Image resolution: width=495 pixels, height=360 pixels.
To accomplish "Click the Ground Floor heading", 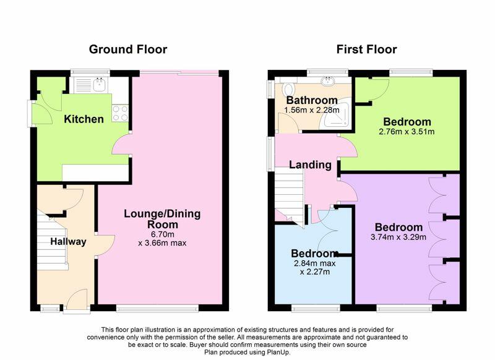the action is pos(128,49).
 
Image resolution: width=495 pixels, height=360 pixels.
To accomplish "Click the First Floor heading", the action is pos(366,49).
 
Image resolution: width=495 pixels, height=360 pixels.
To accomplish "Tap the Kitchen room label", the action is pos(84,119).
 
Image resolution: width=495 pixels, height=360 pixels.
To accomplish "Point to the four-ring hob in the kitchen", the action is pos(120,113).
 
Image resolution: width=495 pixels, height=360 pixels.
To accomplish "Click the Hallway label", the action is pos(68,242).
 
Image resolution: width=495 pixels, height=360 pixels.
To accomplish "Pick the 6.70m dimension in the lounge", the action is pos(163,234).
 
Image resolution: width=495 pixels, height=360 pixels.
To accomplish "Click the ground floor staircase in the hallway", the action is pos(52,241).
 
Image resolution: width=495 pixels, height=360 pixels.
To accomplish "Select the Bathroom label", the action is pos(312,100).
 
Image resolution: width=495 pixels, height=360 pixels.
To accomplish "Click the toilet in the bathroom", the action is pos(288,89).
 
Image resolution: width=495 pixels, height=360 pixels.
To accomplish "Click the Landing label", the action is pos(311,165).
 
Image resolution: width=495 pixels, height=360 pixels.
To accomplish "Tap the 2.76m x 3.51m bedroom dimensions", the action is pos(407,132).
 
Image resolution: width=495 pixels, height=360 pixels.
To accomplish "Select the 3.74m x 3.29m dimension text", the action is pos(398,237).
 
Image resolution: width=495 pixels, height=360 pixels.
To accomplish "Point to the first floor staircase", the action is pos(289,196).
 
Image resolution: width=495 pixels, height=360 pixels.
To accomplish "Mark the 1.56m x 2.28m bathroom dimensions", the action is pos(312,110).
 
